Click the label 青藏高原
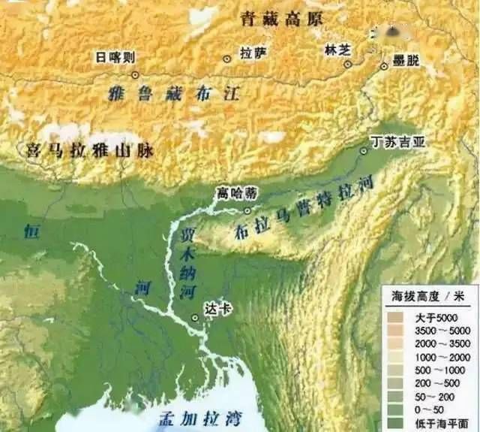pyautogui.click(x=281, y=20)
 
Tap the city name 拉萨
pyautogui.click(x=251, y=53)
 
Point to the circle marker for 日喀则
pyautogui.click(x=136, y=74)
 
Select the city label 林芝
pyautogui.click(x=334, y=49)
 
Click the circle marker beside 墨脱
pyautogui.click(x=384, y=65)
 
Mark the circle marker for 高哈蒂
pyautogui.click(x=247, y=210)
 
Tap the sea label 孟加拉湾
pyautogui.click(x=194, y=415)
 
